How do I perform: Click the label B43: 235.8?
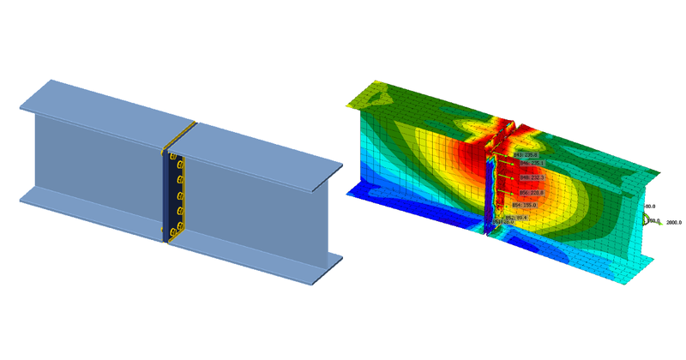click(x=525, y=155)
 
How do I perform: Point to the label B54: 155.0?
click(x=524, y=206)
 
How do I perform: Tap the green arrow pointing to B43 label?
click(x=504, y=156)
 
